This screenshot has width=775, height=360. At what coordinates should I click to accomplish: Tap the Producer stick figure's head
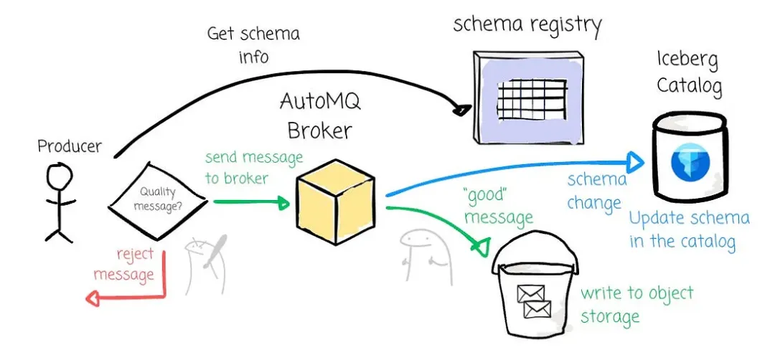[x=58, y=174]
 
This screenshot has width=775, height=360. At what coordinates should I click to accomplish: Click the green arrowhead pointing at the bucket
[x=477, y=247]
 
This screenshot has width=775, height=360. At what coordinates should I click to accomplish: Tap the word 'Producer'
[x=70, y=146]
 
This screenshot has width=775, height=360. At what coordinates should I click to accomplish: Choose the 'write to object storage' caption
[x=636, y=304]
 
